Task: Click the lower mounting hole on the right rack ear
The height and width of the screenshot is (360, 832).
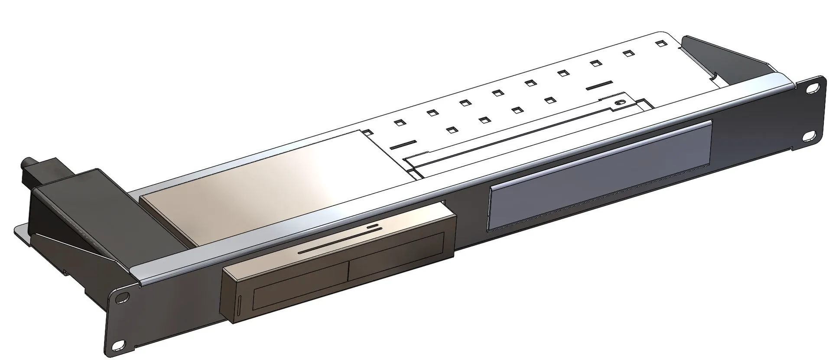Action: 808,136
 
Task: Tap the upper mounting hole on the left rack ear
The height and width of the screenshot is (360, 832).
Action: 124,298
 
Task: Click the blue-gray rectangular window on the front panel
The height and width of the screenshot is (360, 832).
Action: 600,175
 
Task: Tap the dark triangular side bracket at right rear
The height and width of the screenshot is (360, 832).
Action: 728,56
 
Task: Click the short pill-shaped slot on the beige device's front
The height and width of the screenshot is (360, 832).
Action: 372,226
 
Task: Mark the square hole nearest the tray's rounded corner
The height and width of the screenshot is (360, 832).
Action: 660,43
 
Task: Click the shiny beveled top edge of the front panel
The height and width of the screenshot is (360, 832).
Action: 433,182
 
